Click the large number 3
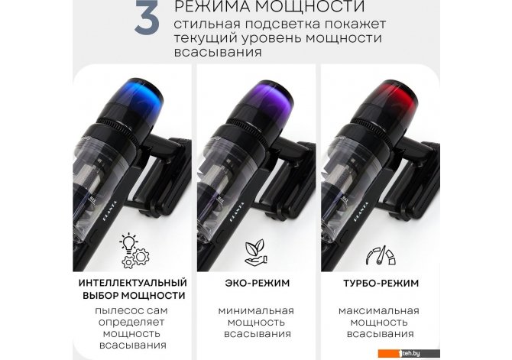[x=147, y=17]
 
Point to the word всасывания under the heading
[x=218, y=52]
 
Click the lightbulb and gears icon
[x=134, y=251]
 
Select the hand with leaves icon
[x=257, y=252]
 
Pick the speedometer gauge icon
[x=381, y=255]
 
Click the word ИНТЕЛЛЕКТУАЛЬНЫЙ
[x=132, y=283]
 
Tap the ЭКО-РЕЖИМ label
[x=258, y=283]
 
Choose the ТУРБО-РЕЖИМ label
[x=381, y=284]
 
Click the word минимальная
[x=256, y=310]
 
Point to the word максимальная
[x=379, y=310]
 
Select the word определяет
[x=131, y=323]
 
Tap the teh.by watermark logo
[x=409, y=353]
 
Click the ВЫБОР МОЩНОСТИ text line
[x=134, y=296]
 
